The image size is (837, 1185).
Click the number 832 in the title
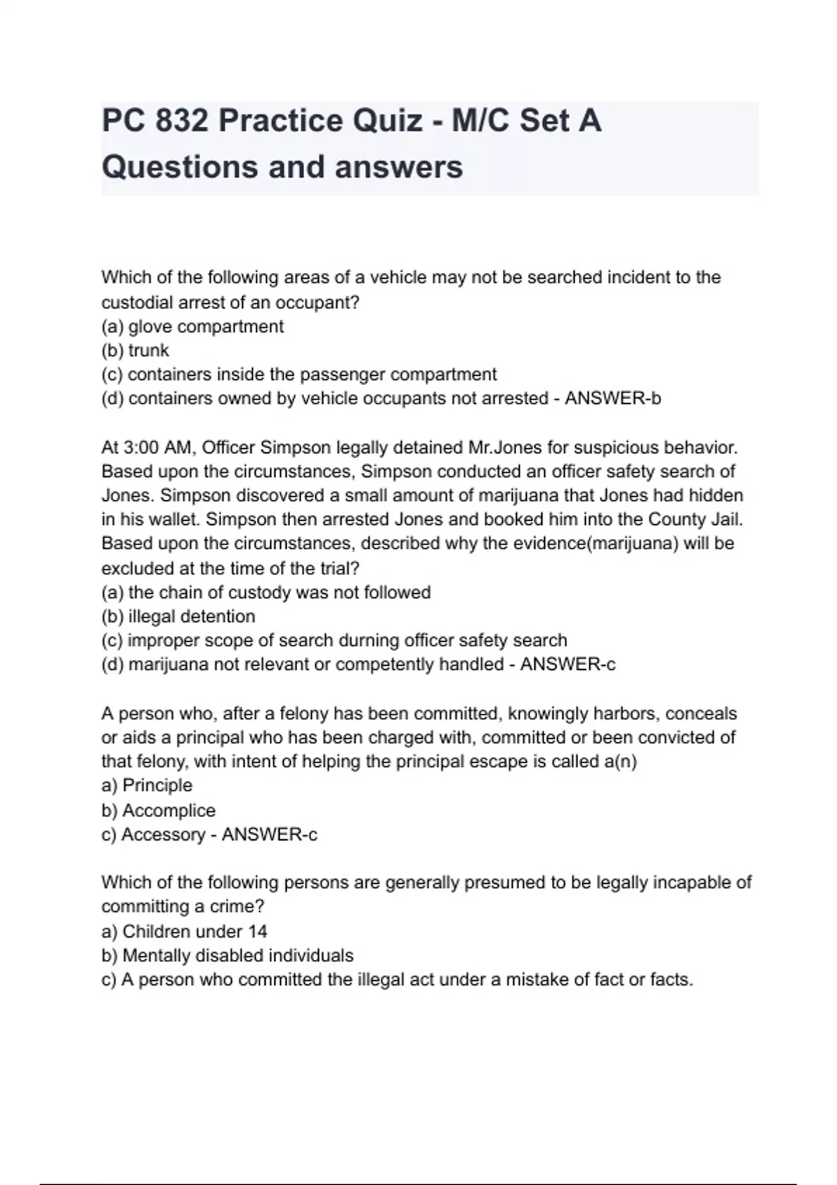coord(182,121)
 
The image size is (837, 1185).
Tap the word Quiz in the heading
coord(387,121)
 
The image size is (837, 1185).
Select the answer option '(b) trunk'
coord(135,350)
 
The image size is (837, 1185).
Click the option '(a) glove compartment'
coord(193,326)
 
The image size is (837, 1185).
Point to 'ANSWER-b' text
coord(612,398)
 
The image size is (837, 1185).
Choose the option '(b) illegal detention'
coord(179,616)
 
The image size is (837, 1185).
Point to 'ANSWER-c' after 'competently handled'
coord(568,664)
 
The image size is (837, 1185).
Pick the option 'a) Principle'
coord(146,785)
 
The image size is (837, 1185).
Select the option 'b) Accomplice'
coord(158,810)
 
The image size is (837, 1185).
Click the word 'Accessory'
coord(163,834)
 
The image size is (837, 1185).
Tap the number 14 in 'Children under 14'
coord(257,931)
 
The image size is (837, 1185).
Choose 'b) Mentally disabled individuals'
coord(227,955)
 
